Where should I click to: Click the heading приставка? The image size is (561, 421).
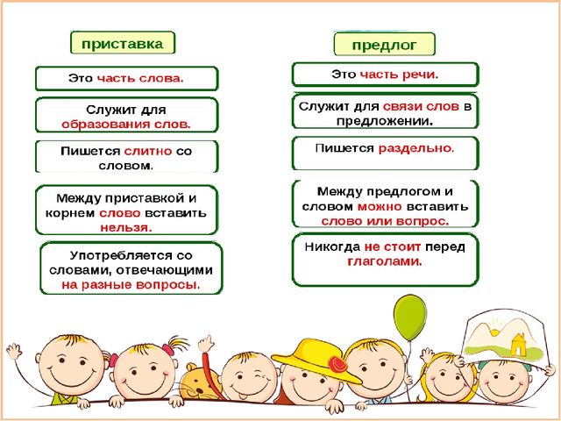pos(123,44)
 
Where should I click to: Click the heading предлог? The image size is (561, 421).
pos(384,45)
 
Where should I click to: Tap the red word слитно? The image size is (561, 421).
pos(148,151)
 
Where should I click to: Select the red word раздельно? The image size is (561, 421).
pos(416,148)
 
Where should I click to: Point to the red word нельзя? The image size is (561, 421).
pos(126,228)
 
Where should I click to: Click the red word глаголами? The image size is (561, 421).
pos(385,261)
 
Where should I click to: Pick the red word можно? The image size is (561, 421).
pos(380,207)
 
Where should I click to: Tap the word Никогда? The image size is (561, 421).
pos(332,246)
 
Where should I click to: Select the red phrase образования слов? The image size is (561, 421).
pos(126,125)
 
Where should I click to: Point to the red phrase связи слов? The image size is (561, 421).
pos(421,106)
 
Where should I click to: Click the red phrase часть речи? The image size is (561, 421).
pos(399,75)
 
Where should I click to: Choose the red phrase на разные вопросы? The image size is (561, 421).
pos(131,285)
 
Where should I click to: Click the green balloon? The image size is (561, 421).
pos(410,318)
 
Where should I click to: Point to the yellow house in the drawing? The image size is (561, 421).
pos(518,345)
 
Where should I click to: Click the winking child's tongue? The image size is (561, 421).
pos(243,397)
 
